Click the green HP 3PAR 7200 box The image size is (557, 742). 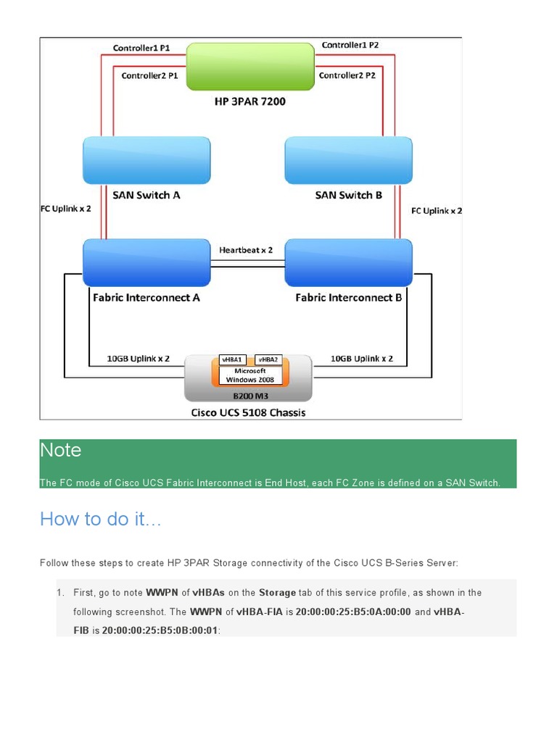coord(249,67)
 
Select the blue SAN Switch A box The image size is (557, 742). coord(147,161)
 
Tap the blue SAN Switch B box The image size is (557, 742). coord(348,161)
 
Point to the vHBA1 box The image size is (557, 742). coord(233,359)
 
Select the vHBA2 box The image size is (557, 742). coord(268,359)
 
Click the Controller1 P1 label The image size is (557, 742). coord(141,49)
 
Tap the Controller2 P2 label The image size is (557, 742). coord(347,75)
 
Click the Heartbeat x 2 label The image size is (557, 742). coord(246,250)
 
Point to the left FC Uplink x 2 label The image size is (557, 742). coord(65,209)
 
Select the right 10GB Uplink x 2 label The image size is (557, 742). coord(362,359)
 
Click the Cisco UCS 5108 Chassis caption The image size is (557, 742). coord(248,413)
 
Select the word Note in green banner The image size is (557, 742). coord(61,450)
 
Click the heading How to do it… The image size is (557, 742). coord(101,519)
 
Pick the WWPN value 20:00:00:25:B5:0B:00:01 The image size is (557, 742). coord(160,630)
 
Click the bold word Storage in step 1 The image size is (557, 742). coord(277,593)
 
